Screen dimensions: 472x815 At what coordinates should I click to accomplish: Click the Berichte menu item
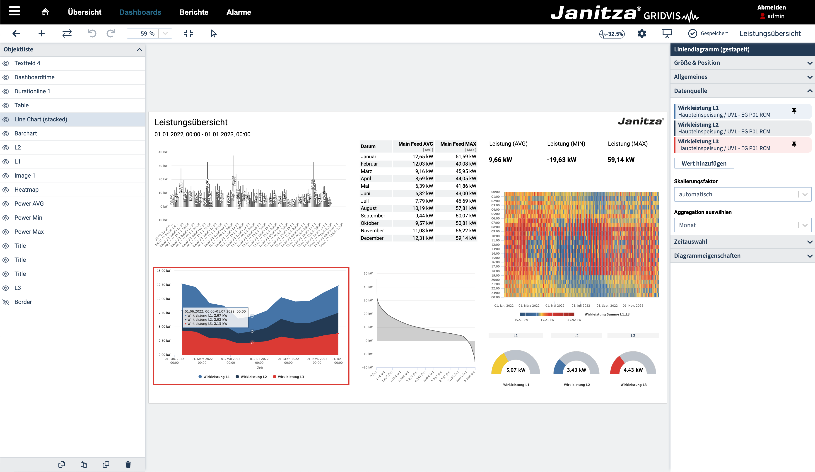(x=194, y=12)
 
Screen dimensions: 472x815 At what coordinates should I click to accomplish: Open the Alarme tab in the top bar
(x=239, y=12)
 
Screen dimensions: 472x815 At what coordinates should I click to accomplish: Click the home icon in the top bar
(x=45, y=12)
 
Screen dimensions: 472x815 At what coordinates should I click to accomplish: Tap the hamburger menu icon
(x=14, y=11)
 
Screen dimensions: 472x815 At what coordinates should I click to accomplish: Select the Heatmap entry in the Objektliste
(x=26, y=189)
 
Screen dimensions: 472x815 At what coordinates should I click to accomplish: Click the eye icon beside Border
(x=6, y=302)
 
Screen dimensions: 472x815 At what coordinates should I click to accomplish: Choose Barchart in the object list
(x=26, y=134)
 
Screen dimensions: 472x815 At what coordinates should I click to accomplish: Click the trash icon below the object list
(x=128, y=465)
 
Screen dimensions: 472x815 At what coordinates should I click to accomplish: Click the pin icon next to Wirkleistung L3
(x=794, y=144)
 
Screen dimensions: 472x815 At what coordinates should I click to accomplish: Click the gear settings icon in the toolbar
(x=642, y=34)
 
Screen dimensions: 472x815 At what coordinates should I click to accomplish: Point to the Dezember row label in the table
(x=372, y=238)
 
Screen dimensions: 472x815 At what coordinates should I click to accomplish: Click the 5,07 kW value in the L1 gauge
(x=516, y=370)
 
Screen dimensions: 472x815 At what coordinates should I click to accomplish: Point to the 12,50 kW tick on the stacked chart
(x=164, y=285)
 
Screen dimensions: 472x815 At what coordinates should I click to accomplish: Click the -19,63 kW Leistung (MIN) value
(x=562, y=160)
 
